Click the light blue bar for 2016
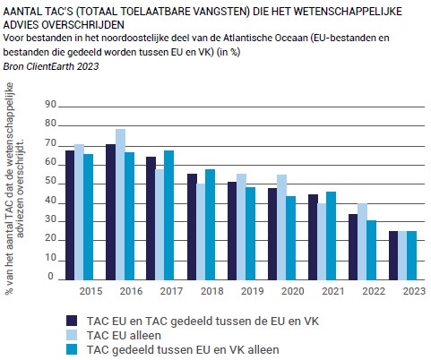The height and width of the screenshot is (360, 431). click(120, 204)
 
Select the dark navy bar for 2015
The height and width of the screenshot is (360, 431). click(70, 215)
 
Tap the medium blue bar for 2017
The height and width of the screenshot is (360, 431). click(169, 215)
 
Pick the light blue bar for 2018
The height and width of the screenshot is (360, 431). click(201, 232)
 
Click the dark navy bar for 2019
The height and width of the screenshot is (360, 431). click(232, 231)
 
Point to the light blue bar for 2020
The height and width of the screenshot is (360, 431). click(281, 227)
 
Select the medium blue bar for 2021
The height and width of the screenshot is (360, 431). click(331, 236)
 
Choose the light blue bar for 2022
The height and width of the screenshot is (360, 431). click(362, 242)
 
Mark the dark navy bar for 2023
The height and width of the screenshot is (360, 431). click(393, 255)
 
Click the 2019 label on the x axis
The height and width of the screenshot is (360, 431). click(253, 291)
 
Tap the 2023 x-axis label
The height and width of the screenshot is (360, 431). click(414, 291)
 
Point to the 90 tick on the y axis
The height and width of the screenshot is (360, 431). click(51, 104)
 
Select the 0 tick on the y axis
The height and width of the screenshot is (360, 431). click(51, 276)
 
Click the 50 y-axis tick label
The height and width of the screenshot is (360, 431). click(51, 181)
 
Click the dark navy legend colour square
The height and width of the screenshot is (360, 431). click(72, 321)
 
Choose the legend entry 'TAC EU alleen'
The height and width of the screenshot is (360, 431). click(124, 335)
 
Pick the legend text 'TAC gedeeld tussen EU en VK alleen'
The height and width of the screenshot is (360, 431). click(183, 349)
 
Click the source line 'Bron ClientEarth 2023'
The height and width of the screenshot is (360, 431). click(51, 66)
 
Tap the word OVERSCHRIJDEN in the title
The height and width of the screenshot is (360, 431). click(82, 25)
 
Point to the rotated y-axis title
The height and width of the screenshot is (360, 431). click(15, 188)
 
